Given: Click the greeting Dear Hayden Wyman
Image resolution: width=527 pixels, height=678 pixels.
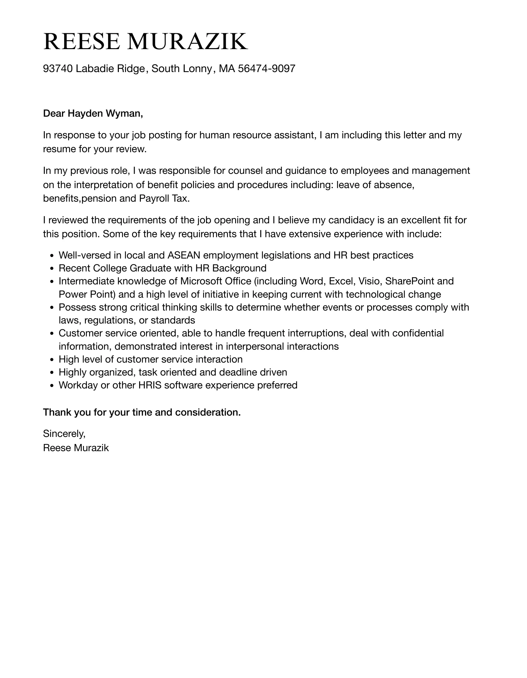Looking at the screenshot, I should pos(93,113).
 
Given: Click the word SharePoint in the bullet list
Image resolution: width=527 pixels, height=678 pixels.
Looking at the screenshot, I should pos(409,281).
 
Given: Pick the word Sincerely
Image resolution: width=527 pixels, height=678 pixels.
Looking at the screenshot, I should pos(64,434).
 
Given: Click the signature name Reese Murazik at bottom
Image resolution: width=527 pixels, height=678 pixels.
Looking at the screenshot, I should pos(76,448).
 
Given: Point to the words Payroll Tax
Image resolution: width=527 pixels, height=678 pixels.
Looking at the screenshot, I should pos(164,198).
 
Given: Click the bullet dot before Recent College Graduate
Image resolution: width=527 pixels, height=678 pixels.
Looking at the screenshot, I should pos(52,269).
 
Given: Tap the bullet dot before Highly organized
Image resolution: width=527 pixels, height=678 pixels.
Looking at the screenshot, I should pos(52,373).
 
